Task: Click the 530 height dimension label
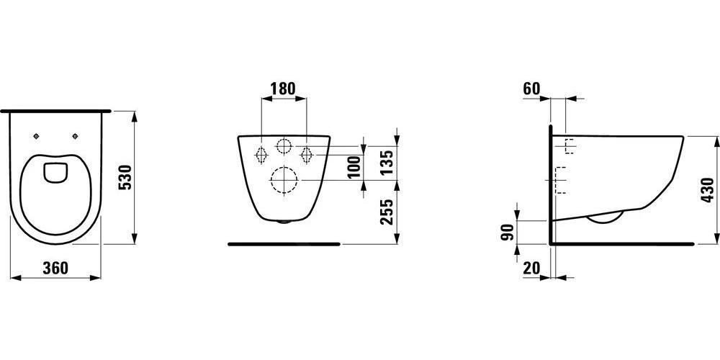124,177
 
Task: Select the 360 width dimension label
55,269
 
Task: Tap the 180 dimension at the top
282,89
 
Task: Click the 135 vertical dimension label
387,162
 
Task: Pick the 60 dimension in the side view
531,89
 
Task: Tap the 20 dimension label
531,269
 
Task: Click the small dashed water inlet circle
284,146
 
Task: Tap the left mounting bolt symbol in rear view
261,153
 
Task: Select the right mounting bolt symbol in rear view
306,153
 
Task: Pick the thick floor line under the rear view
283,244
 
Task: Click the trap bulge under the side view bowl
605,218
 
